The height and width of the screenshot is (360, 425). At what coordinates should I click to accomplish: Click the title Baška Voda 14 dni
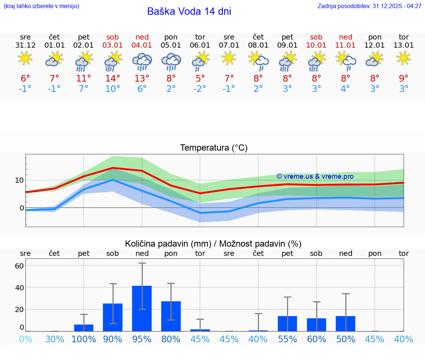189,11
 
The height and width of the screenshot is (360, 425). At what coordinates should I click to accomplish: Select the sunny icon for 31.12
25,58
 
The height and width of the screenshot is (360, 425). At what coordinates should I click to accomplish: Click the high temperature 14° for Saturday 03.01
113,78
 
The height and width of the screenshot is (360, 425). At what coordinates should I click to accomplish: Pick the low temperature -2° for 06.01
200,89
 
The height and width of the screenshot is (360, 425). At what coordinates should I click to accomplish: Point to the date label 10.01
316,45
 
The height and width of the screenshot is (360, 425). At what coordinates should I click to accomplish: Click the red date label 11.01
345,45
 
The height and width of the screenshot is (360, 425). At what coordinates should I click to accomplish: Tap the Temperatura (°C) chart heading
214,148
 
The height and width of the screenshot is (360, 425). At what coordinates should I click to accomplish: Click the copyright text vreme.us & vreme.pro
315,176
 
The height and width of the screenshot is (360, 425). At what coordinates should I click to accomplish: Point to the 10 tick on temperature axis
19,180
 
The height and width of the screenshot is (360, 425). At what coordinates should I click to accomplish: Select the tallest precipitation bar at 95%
142,308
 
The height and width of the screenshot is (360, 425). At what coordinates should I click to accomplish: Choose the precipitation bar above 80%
171,316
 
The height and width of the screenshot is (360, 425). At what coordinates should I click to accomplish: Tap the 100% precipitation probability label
84,339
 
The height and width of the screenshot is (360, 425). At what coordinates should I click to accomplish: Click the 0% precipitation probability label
25,339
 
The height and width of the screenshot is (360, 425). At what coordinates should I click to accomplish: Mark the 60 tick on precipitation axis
19,266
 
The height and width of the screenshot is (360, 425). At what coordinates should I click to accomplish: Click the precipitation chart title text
213,244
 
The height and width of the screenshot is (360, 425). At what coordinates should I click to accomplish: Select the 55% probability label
287,339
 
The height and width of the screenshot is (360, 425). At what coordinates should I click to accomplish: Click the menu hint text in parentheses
41,6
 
